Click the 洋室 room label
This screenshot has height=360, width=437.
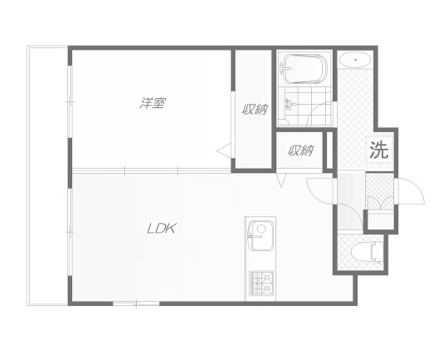[152, 103]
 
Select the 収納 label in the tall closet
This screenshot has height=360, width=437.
[253, 110]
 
